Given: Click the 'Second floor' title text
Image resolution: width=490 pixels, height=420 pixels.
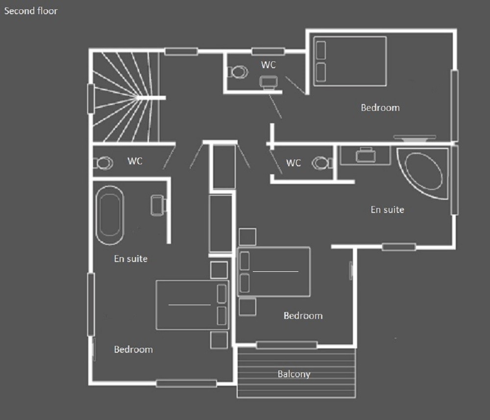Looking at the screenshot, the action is [x=31, y=11].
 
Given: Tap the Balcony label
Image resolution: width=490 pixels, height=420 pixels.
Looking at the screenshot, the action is [x=294, y=374].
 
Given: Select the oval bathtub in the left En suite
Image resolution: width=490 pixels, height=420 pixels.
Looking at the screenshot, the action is [x=110, y=215].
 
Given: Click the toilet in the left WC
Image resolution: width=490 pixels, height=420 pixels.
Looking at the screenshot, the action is [x=103, y=163].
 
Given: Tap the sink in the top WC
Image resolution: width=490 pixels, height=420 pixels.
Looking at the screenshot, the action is [x=269, y=82].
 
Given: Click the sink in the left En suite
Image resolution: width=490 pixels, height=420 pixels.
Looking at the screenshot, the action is [x=159, y=205].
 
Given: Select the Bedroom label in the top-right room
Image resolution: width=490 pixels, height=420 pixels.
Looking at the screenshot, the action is [x=380, y=107].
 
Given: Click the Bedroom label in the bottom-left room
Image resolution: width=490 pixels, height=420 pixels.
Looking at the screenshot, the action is [x=133, y=349].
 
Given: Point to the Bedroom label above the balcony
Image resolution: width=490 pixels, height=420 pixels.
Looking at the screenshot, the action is [x=303, y=315].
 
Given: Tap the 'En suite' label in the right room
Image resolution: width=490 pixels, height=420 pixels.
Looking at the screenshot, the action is [x=388, y=210].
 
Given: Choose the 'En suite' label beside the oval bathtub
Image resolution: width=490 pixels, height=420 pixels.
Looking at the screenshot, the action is [x=131, y=259].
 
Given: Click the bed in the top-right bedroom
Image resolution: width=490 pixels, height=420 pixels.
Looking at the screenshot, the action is [x=350, y=61].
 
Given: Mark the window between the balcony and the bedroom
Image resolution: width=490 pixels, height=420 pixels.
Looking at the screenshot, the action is [x=287, y=345].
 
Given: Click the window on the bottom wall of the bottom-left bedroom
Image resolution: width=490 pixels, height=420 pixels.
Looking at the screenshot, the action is [x=186, y=383].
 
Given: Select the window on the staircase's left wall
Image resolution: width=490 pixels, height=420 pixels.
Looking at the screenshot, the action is [x=91, y=99].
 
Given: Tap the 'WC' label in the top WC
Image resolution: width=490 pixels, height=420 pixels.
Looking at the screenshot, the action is [x=269, y=65].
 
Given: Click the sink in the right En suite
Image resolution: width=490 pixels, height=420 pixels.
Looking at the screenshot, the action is [x=366, y=155].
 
